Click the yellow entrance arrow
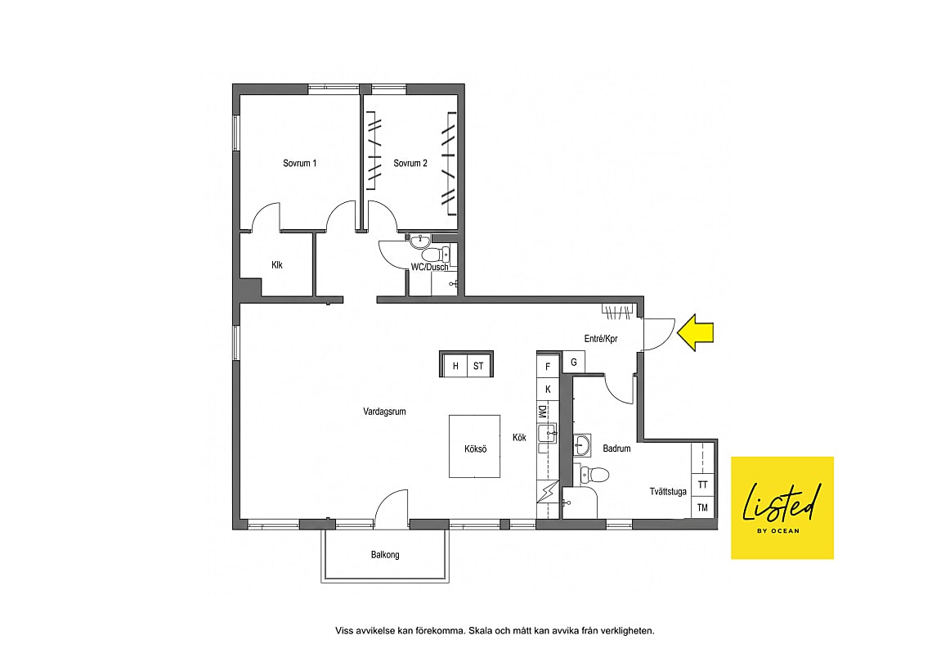point(696,332)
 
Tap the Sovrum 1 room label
point(299,163)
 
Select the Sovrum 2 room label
point(410,163)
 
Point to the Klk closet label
point(277,264)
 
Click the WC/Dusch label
point(429,267)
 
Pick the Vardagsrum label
point(384,411)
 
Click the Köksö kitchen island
point(474,446)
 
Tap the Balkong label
point(385,555)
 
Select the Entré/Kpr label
point(601,339)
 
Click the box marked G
point(574,362)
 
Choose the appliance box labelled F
point(548,367)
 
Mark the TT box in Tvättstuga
point(702,484)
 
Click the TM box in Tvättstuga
point(702,507)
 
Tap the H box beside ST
point(455,366)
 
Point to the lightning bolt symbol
point(548,492)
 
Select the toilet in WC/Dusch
point(441,255)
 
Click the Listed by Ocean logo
point(782,507)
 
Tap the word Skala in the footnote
point(480,631)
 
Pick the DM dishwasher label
point(542,412)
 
